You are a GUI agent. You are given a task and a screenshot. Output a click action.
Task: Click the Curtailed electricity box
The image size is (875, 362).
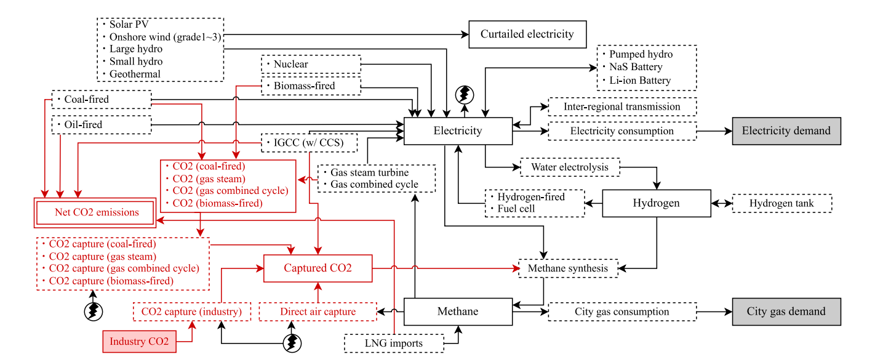[527, 34]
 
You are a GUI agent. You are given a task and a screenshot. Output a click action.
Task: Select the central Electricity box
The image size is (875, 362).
[458, 131]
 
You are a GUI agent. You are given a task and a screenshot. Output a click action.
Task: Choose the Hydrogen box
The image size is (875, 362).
[656, 203]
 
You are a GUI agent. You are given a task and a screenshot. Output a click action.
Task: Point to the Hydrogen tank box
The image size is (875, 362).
[781, 203]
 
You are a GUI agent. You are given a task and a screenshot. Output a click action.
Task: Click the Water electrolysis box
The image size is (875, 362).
[570, 167]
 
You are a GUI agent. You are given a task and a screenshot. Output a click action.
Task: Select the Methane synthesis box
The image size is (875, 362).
[567, 268]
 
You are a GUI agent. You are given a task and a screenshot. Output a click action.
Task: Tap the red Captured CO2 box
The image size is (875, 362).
[318, 268]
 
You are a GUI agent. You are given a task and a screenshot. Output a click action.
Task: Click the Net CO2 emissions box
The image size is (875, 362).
[96, 213]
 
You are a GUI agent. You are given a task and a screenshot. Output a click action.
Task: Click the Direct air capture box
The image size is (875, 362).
[318, 312]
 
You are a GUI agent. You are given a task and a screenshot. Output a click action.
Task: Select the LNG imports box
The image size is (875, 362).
[394, 343]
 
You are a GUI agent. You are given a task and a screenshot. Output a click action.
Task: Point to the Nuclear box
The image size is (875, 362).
[311, 64]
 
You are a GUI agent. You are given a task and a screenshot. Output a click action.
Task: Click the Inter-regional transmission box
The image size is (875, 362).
[622, 107]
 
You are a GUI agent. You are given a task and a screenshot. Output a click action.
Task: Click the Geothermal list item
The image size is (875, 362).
[135, 74]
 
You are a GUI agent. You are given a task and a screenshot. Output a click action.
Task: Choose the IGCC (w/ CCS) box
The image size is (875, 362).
[310, 143]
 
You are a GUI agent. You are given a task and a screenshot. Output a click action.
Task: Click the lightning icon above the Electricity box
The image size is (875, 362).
[465, 94]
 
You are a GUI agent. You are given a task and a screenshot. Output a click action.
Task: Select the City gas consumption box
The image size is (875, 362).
[622, 312]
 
